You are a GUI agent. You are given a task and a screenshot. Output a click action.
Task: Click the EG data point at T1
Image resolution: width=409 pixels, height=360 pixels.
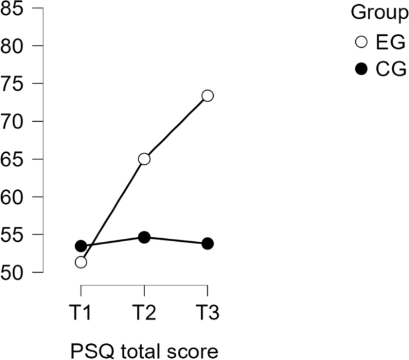pos(81,262)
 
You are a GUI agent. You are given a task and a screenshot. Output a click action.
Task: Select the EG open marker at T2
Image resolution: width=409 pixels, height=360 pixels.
pos(144,159)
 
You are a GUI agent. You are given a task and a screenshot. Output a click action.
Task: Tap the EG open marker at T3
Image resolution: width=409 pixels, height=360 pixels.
pos(207,96)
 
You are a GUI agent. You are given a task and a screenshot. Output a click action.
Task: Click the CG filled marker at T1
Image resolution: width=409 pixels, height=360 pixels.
pos(81,246)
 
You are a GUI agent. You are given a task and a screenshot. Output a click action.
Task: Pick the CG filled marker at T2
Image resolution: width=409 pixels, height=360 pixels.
pos(144,237)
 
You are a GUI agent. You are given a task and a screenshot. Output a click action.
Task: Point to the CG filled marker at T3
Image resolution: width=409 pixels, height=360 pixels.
pos(207,243)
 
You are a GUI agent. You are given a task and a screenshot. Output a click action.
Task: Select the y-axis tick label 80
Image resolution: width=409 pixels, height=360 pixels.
pos(14,45)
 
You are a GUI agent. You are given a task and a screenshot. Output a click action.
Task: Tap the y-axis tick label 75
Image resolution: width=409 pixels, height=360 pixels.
pos(14,83)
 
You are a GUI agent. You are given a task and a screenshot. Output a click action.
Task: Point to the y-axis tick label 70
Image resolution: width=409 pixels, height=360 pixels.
pos(14,121)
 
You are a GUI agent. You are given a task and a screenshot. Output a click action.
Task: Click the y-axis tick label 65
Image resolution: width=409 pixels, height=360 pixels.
pos(14,159)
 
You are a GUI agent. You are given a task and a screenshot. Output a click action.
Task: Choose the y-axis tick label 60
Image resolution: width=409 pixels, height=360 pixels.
pos(14,196)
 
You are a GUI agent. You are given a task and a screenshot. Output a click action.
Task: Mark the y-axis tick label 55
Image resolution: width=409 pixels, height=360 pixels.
pos(14,234)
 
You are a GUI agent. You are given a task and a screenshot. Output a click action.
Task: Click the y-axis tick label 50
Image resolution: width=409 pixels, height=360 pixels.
pos(14,272)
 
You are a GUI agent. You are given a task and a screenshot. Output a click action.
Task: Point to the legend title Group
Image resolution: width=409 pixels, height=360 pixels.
pos(375,12)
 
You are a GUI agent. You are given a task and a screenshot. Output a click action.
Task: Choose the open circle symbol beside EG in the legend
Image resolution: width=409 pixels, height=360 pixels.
pos(361,42)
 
